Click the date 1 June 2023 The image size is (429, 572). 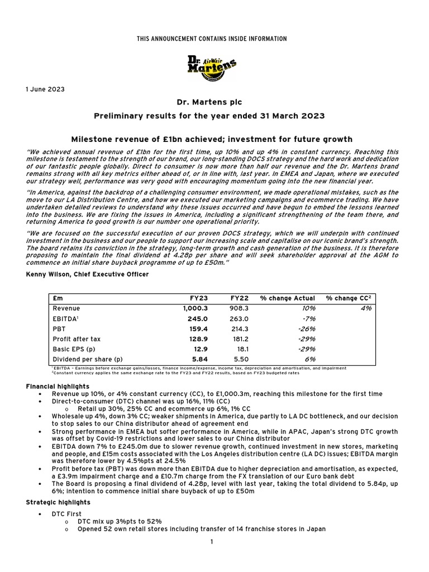[44, 89]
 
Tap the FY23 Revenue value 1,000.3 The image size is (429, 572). [194, 308]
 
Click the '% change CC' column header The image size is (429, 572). [349, 298]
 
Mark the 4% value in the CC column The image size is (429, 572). [366, 308]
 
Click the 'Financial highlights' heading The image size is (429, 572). [58, 386]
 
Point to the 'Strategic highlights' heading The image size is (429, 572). [56, 503]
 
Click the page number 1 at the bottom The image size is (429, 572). [212, 542]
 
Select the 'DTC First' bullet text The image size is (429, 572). [66, 513]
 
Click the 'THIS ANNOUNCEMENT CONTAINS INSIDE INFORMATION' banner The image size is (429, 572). [212, 39]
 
